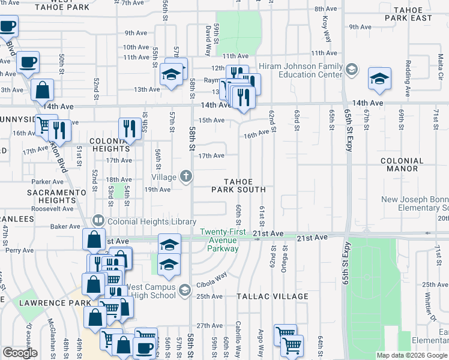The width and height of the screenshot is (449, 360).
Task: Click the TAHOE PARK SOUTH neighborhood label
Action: [x=238, y=185]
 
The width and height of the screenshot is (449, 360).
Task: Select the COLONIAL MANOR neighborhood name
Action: [x=411, y=165]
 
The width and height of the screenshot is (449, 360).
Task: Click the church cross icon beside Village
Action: [x=187, y=176]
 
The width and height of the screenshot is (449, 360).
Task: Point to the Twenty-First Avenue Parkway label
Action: [x=219, y=241]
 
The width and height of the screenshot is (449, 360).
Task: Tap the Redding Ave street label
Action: [x=408, y=70]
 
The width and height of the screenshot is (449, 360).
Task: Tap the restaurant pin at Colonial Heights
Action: [x=129, y=128]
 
